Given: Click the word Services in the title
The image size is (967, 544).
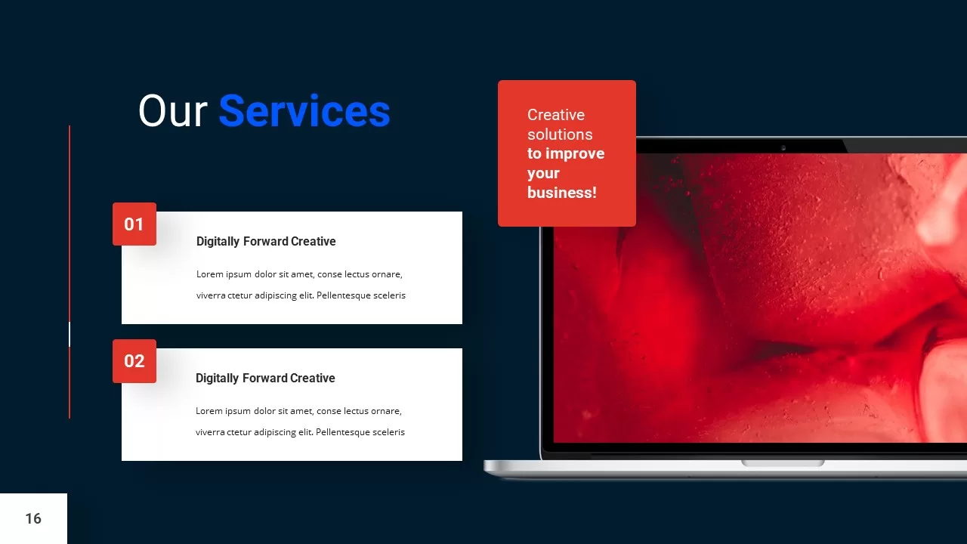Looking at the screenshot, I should click(x=304, y=111).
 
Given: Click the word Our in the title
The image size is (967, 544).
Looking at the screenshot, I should click(x=172, y=111).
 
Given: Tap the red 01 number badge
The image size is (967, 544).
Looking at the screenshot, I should click(x=134, y=224).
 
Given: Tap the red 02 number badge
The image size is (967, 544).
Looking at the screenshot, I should click(x=134, y=361).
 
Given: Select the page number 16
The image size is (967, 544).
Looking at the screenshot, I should click(x=33, y=518).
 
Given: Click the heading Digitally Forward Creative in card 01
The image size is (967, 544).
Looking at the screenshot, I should click(x=266, y=242).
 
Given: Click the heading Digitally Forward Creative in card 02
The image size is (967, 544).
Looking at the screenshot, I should click(x=265, y=379).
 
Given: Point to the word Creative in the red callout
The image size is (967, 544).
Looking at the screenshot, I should click(x=555, y=115).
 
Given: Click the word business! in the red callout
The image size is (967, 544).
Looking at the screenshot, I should click(x=561, y=193).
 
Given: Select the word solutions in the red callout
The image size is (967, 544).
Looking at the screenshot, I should click(x=560, y=134).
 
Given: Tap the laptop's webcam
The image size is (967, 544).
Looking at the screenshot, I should click(x=783, y=147).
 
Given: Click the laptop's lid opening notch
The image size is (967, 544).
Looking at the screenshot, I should click(x=783, y=462).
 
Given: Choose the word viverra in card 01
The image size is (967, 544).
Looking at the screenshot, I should click(x=211, y=295).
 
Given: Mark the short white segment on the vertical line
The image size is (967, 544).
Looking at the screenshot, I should click(x=70, y=334).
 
